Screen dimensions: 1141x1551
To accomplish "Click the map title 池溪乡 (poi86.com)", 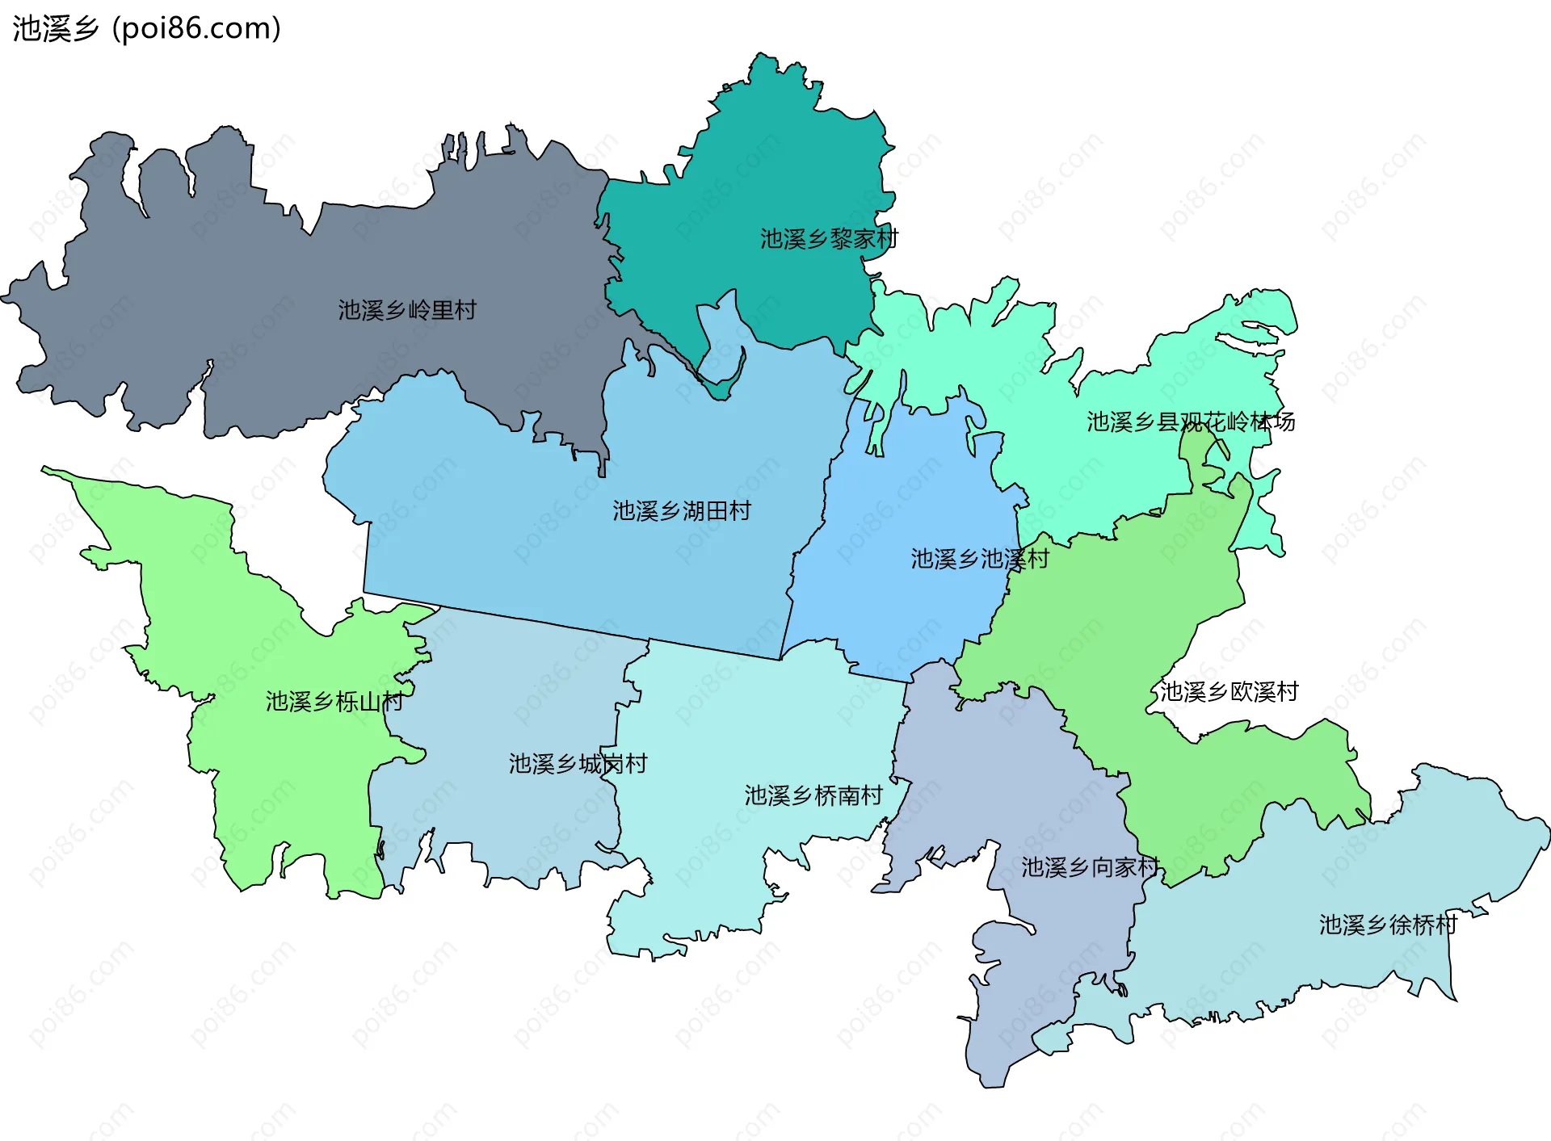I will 146,28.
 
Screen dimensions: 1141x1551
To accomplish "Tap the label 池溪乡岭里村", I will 407,310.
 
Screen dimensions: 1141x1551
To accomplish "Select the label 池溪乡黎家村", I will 829,239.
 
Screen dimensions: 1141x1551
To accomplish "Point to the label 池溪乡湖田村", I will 682,511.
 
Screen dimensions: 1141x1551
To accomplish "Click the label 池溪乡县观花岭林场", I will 1190,422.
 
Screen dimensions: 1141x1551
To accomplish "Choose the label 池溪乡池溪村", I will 979,559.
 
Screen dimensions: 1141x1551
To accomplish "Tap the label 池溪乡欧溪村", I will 1229,692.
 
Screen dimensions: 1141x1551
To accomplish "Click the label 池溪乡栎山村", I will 334,702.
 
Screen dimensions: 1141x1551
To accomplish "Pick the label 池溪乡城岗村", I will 578,764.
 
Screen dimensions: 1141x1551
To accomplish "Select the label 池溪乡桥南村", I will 813,796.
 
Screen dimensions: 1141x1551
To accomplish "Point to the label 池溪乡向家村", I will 1090,868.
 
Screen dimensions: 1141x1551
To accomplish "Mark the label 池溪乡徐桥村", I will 1388,925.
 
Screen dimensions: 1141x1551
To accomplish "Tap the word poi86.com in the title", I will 196,28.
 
